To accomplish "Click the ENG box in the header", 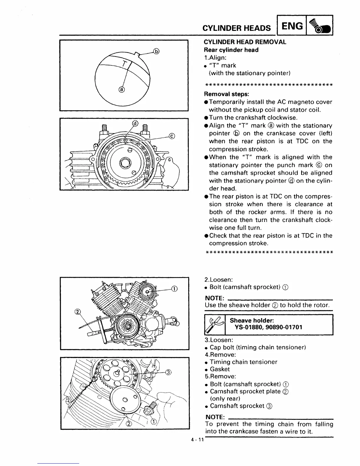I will coord(292,27).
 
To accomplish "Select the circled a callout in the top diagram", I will coord(121,90).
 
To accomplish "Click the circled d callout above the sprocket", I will coord(135,124).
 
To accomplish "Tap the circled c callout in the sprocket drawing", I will coord(172,136).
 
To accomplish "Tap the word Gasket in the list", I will coord(220,369).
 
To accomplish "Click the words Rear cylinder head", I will coord(231,50).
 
